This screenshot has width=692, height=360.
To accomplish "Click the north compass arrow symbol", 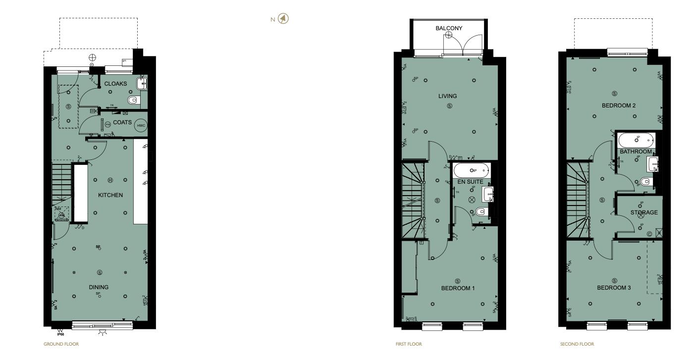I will click(x=283, y=19).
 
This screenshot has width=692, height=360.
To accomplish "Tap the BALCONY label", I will click(x=449, y=28).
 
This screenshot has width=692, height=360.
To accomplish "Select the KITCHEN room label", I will click(x=110, y=195).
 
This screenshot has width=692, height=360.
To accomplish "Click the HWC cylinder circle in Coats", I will click(x=141, y=125).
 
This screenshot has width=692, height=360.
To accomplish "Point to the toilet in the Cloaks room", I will click(x=133, y=101).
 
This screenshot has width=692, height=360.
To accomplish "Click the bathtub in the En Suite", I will click(x=471, y=171).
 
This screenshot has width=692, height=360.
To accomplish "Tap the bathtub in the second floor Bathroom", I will click(x=637, y=139).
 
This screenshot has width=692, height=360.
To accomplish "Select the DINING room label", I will click(x=99, y=287).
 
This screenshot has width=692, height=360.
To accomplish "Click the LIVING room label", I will click(x=447, y=96).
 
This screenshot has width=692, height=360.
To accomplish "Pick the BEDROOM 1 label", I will click(x=458, y=288).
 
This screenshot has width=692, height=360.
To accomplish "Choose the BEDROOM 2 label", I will click(x=619, y=105).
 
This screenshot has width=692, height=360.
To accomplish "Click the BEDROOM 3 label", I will click(x=614, y=288).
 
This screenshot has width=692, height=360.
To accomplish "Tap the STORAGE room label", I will click(x=644, y=212).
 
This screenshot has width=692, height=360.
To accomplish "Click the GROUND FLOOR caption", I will click(x=61, y=344).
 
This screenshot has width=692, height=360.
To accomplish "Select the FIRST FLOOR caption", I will click(x=409, y=344).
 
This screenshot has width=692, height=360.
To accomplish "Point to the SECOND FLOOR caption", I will click(x=577, y=344).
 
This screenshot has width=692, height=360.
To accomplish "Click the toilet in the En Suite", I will click(x=479, y=212).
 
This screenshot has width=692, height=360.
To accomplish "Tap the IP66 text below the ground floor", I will click(x=60, y=334).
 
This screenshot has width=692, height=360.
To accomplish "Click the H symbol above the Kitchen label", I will click(x=110, y=180).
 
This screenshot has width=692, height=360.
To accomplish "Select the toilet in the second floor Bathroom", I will click(x=645, y=182).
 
